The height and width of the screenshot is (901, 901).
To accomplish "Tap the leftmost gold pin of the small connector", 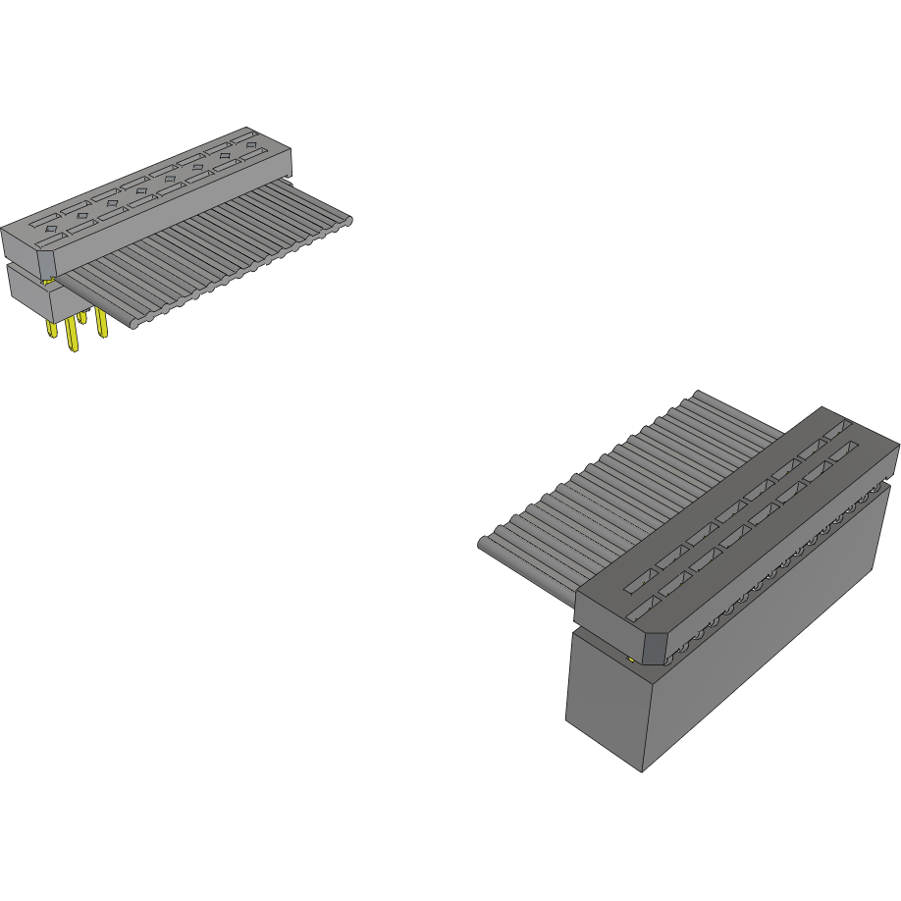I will click(x=49, y=328).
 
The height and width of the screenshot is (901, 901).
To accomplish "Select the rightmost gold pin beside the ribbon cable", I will click(x=101, y=324).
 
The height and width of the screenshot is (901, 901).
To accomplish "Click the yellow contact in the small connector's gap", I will click(x=47, y=282).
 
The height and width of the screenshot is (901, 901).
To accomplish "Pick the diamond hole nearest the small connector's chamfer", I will click(x=48, y=227).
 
